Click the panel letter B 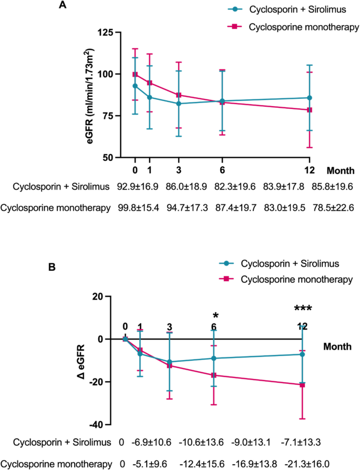pyautogui.click(x=52, y=267)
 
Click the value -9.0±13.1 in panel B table pyautogui.click(x=251, y=442)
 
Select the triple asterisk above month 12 pyautogui.click(x=302, y=309)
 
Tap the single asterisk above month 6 pyautogui.click(x=215, y=316)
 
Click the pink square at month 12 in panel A pyautogui.click(x=310, y=110)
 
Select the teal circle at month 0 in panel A pyautogui.click(x=135, y=86)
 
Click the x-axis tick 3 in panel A pyautogui.click(x=179, y=170)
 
